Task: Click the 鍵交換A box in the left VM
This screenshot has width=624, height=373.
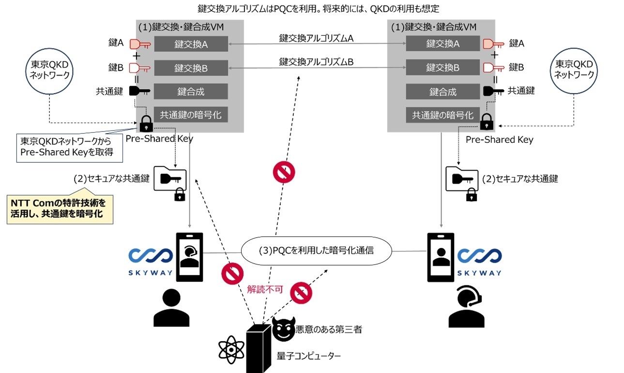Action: click(x=191, y=44)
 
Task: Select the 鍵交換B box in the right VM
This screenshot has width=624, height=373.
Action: click(x=442, y=68)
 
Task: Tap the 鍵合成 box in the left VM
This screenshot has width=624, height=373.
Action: click(x=191, y=92)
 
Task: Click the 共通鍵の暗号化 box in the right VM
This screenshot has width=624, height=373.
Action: click(x=442, y=115)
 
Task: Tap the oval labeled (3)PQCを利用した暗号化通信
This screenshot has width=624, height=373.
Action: click(x=317, y=250)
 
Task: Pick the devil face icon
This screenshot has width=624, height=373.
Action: click(x=283, y=329)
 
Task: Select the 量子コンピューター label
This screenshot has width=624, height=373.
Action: click(x=309, y=356)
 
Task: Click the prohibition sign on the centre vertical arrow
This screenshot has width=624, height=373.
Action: click(x=284, y=171)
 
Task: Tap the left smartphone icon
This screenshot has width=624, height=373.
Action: click(x=189, y=257)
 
